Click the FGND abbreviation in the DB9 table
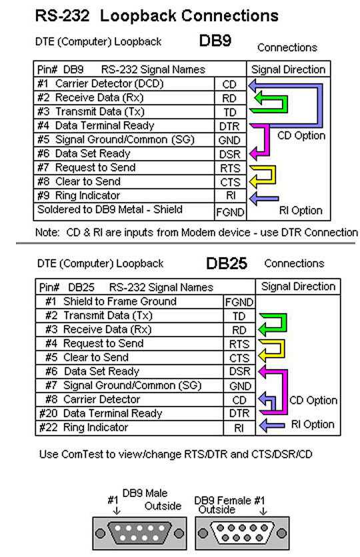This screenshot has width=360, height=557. (x=230, y=212)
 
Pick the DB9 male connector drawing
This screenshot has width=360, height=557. (x=139, y=533)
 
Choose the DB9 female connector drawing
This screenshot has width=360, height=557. (x=242, y=533)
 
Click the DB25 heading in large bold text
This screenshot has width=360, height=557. (x=227, y=263)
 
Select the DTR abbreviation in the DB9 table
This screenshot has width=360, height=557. (x=229, y=126)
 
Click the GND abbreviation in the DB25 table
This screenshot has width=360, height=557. (x=240, y=386)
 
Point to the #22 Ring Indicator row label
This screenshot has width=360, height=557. (x=83, y=427)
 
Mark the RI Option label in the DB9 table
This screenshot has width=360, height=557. (x=301, y=211)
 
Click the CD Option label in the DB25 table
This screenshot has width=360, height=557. (x=313, y=400)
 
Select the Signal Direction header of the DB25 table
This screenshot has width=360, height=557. (x=298, y=286)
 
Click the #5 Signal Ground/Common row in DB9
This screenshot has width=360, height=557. (x=116, y=140)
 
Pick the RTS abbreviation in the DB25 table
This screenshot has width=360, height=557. (x=239, y=344)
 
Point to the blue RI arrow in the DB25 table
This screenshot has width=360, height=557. (x=272, y=425)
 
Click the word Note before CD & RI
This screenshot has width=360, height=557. (x=47, y=233)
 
